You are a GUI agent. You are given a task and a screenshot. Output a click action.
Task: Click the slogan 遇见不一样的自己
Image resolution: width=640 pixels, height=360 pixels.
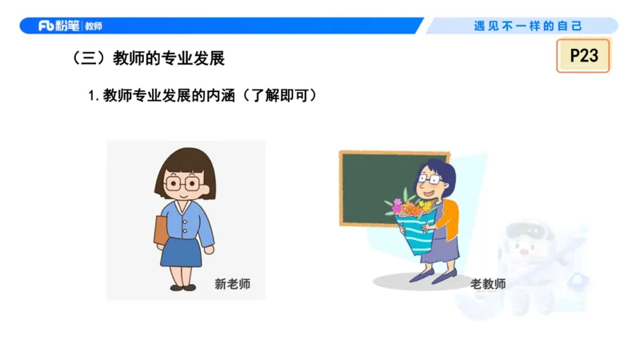point(528,26)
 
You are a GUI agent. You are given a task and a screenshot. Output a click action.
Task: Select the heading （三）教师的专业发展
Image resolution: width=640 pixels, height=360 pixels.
point(149,58)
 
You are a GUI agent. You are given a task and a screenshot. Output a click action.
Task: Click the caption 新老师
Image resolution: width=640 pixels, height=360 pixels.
point(233,284)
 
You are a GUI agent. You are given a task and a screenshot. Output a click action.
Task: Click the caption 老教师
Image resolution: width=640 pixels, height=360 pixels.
point(487,284)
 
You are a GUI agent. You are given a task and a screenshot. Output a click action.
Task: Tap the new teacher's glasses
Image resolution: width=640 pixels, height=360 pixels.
point(182,183)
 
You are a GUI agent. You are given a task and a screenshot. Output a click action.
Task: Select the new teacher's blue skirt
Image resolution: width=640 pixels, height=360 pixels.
point(181,251)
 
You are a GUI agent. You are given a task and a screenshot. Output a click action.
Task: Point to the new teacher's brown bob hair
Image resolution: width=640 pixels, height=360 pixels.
point(184,163)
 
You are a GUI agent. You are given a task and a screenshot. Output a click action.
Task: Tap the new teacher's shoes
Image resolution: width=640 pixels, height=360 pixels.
point(182,286)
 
